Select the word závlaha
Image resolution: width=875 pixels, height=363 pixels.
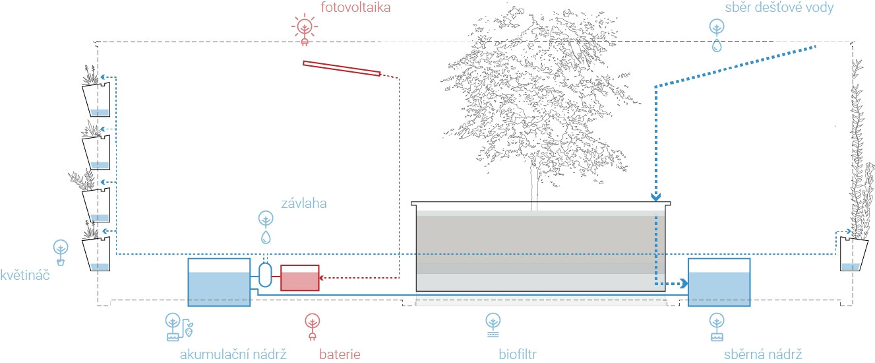pyautogui.click(x=304, y=203)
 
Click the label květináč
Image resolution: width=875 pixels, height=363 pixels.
pyautogui.click(x=24, y=274)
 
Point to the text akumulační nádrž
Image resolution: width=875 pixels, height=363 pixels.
pyautogui.click(x=233, y=354)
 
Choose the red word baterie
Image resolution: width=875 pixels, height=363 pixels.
pyautogui.click(x=340, y=354)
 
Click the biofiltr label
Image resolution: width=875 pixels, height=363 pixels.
pyautogui.click(x=518, y=354)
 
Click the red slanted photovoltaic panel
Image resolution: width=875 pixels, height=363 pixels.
pyautogui.click(x=342, y=69)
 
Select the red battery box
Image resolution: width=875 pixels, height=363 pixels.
pyautogui.click(x=299, y=278)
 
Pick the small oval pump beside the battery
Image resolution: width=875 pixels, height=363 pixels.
pyautogui.click(x=265, y=273)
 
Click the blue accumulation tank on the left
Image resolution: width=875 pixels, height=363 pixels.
pyautogui.click(x=219, y=282)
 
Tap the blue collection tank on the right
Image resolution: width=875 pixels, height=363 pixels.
pyautogui.click(x=719, y=282)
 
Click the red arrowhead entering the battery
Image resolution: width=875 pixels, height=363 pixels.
pyautogui.click(x=322, y=278)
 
